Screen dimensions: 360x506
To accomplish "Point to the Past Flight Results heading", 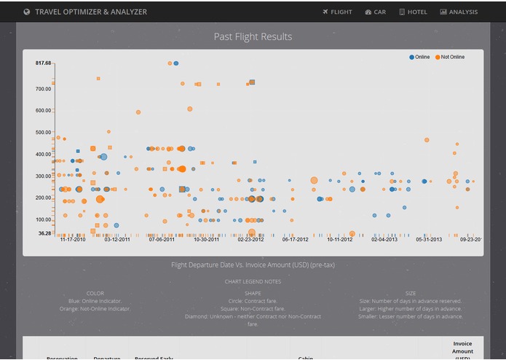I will [x=253, y=36].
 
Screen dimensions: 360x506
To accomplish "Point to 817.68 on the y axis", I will [x=43, y=63].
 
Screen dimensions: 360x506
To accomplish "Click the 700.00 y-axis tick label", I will [x=43, y=89].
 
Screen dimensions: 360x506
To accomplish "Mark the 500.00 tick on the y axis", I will [x=43, y=133].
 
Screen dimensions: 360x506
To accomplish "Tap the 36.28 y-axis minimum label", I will [x=44, y=233].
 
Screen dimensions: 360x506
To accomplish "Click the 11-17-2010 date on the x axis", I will [x=73, y=239].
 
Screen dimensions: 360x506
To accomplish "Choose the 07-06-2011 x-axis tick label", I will [x=162, y=239].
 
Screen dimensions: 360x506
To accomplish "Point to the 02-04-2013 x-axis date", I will [x=384, y=239].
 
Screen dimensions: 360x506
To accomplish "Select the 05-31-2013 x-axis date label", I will [x=429, y=239].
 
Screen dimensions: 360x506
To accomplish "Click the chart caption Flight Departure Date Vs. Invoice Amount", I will [x=253, y=265].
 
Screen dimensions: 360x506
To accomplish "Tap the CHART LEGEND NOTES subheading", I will [x=253, y=281].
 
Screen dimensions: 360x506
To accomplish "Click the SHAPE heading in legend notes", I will [x=253, y=293].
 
